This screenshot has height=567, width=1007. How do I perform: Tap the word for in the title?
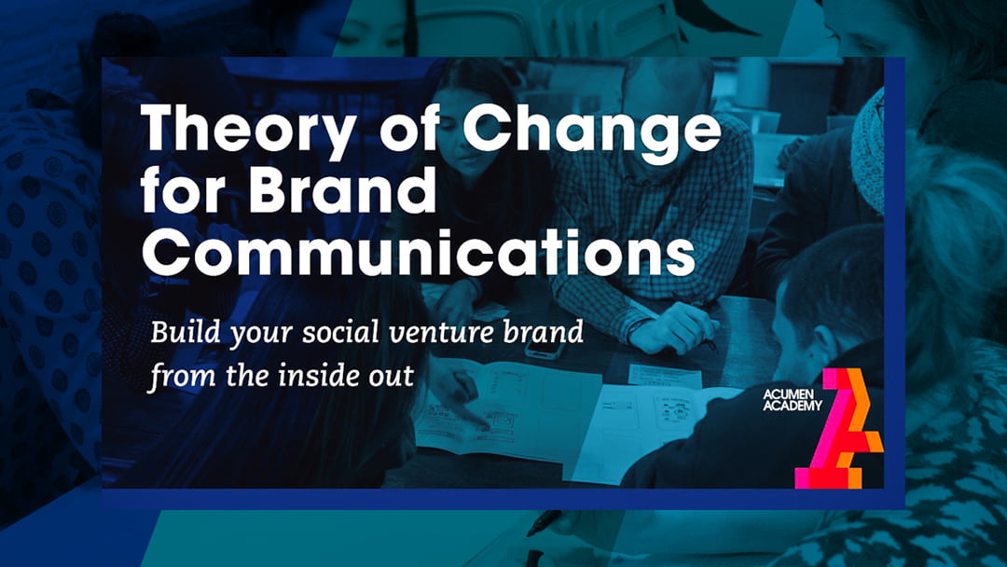pyautogui.click(x=178, y=192)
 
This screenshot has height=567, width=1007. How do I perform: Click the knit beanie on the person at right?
pyautogui.click(x=869, y=149)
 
